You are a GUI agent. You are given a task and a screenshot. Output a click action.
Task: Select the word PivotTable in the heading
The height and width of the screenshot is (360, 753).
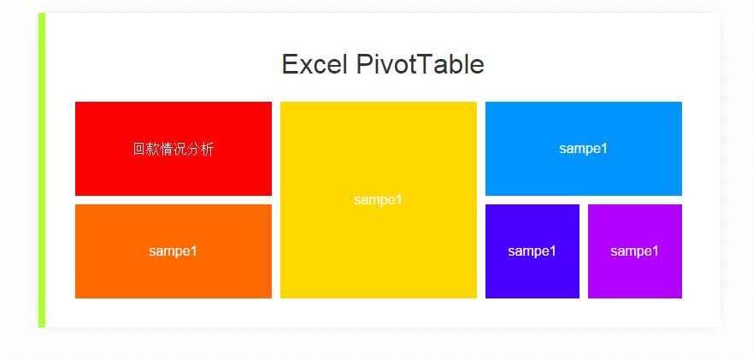(x=421, y=64)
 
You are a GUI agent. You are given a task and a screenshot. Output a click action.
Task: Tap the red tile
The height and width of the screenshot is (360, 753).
(x=174, y=149)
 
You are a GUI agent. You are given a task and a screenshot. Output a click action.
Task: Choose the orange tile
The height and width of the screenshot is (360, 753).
(x=174, y=251)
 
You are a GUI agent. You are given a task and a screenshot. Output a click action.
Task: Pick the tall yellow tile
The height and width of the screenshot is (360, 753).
(x=379, y=200)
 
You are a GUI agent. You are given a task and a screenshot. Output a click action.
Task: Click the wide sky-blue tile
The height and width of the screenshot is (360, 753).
(x=584, y=149)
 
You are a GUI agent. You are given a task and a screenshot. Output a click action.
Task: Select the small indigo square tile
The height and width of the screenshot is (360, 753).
(x=532, y=251)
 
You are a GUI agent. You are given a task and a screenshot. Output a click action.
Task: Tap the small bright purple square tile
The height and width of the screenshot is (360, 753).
(x=635, y=251)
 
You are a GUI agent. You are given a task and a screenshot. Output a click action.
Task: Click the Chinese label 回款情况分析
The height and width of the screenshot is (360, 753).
(x=174, y=150)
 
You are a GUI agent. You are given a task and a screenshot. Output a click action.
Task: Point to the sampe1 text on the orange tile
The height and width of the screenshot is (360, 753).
(x=173, y=251)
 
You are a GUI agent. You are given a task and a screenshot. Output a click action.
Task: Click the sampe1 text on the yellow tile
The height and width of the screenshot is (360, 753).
(x=378, y=200)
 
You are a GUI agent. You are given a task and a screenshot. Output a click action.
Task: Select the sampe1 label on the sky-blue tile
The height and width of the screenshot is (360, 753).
(x=584, y=149)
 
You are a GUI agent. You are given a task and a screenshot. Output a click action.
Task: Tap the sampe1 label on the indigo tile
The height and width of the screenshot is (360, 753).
(x=532, y=251)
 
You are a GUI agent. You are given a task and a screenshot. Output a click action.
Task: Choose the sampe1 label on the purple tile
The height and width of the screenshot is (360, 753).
(x=635, y=251)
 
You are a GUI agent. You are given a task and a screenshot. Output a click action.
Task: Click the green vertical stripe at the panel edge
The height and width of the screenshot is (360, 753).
(x=42, y=170)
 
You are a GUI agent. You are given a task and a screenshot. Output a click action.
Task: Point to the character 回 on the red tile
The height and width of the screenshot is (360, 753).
(x=139, y=150)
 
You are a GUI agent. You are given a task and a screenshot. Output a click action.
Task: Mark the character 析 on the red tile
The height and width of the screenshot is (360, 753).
(x=208, y=150)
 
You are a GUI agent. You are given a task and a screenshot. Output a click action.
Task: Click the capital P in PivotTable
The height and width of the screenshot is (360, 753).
(x=364, y=64)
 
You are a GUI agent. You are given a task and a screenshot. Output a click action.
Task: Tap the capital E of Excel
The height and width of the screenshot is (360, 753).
(x=290, y=64)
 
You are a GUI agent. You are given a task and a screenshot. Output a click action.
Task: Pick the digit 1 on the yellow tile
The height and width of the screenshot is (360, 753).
(x=398, y=199)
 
